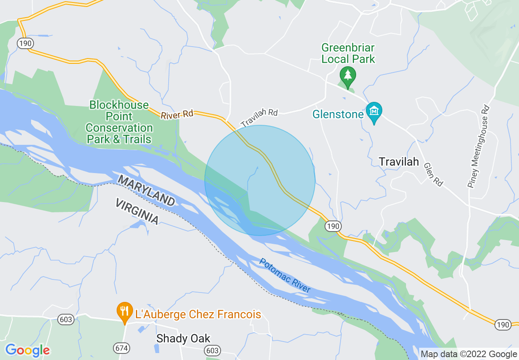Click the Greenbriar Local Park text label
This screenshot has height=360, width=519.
point(348,53)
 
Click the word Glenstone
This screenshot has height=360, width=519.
point(338,114)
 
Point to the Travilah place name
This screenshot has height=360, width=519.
point(399,162)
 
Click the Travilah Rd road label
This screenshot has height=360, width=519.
point(259,118)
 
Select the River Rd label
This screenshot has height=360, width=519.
point(177,115)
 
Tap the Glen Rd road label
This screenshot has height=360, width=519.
point(433,175)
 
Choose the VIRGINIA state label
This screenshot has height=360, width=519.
point(137,211)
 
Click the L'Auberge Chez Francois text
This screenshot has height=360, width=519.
point(198,314)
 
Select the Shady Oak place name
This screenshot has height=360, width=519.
point(183,338)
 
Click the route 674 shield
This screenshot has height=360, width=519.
point(122,348)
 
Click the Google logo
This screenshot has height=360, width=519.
point(27,350)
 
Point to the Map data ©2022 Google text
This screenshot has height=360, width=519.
point(469,354)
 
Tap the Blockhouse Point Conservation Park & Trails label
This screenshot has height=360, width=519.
point(119,122)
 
